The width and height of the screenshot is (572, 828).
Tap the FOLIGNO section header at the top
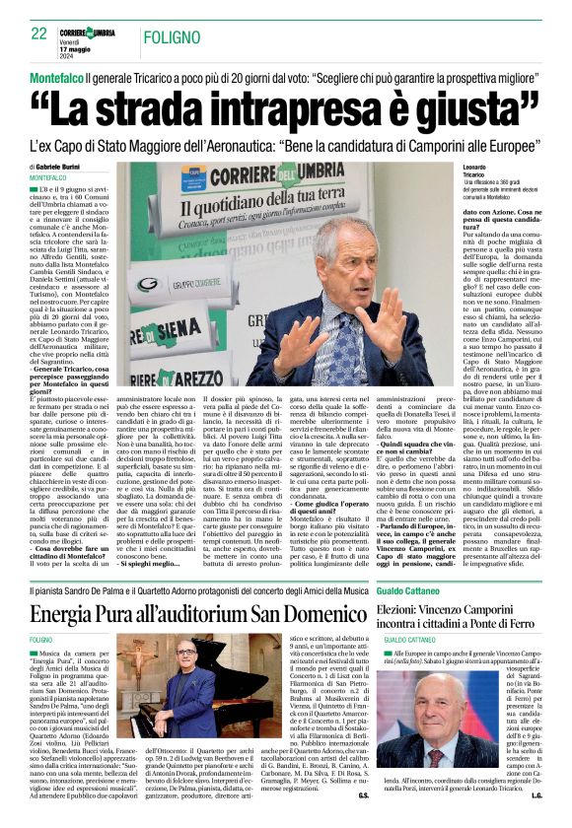point(167,35)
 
